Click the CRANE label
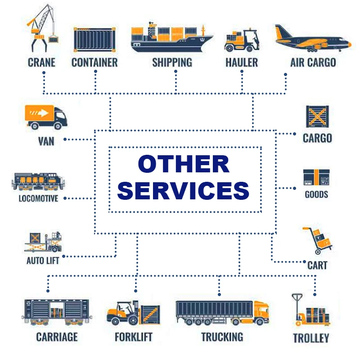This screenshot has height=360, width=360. (x=41, y=62)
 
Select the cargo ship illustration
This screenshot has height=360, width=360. (x=172, y=39)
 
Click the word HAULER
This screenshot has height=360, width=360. (x=242, y=62)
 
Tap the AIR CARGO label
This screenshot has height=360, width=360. (x=313, y=62)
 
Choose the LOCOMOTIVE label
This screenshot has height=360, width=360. (x=38, y=198)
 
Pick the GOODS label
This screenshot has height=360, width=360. (x=316, y=194)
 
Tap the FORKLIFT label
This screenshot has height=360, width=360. (x=134, y=337)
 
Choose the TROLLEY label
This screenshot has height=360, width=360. (x=311, y=338)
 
